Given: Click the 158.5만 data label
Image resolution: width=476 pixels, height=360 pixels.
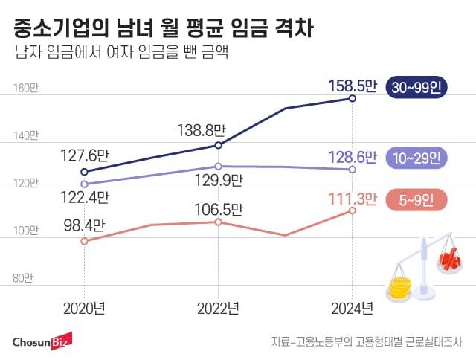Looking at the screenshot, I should pyautogui.click(x=353, y=88).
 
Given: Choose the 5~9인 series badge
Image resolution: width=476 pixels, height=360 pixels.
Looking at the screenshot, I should pyautogui.click(x=415, y=199).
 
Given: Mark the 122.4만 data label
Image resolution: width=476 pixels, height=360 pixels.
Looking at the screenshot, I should pyautogui.click(x=85, y=198).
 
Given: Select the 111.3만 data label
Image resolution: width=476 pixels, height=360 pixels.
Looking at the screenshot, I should pyautogui.click(x=353, y=199).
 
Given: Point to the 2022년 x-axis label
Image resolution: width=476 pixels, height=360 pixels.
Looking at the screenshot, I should pyautogui.click(x=218, y=307).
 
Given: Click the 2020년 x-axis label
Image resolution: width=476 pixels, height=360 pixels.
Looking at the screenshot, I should pyautogui.click(x=84, y=307).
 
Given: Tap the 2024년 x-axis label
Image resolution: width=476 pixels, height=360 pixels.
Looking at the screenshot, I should pyautogui.click(x=353, y=307).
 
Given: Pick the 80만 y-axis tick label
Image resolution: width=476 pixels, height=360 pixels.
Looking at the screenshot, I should pyautogui.click(x=24, y=278).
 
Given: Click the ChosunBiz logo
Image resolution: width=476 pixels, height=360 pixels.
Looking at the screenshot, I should pyautogui.click(x=42, y=342).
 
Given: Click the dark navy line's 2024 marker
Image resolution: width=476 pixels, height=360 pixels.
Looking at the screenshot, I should pyautogui.click(x=353, y=99).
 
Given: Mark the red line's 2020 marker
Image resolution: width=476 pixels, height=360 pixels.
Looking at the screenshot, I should pyautogui.click(x=84, y=241).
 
